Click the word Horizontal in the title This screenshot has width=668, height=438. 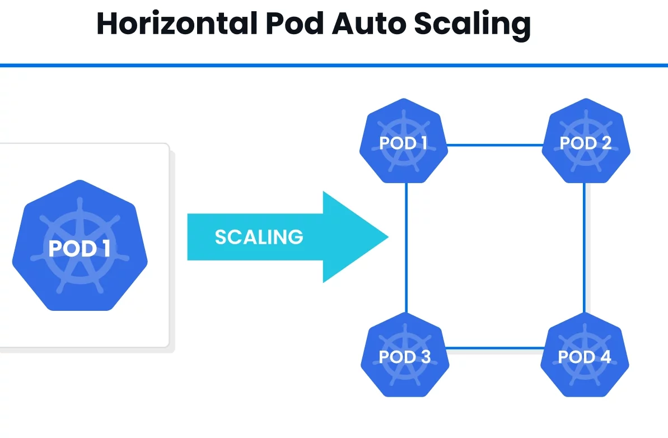[176, 24]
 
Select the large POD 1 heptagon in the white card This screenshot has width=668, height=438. [80, 246]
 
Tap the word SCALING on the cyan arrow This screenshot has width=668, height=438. [259, 237]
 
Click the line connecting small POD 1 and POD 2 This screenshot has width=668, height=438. [495, 145]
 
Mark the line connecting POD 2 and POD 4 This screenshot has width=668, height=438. [585, 246]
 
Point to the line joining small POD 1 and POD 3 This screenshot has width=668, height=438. [406, 246]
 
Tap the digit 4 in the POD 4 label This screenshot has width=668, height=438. [605, 357]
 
